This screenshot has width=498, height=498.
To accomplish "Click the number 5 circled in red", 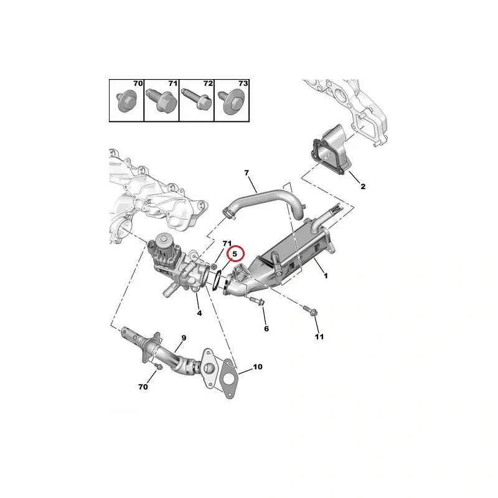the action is tap(235, 254).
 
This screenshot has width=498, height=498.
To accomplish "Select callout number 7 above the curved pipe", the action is tap(247, 173).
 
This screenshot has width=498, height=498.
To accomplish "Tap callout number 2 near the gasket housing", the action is tap(363, 186).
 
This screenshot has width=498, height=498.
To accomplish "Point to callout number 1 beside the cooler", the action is tap(326, 276).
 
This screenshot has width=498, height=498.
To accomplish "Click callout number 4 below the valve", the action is tap(199, 313).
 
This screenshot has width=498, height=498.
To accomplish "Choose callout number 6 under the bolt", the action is tap(266, 329).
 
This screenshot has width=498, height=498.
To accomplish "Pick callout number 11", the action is tap(319, 336).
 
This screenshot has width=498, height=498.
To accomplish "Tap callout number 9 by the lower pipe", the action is tap(184, 338).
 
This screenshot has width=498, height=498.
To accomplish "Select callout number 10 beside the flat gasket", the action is tap(258, 367).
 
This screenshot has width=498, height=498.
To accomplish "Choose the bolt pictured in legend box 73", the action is tap(231, 102).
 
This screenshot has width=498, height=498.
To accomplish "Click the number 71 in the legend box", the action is tap(173, 83).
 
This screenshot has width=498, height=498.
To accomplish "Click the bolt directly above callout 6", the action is tap(257, 301).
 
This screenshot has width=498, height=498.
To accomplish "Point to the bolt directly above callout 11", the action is tap(310, 311).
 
